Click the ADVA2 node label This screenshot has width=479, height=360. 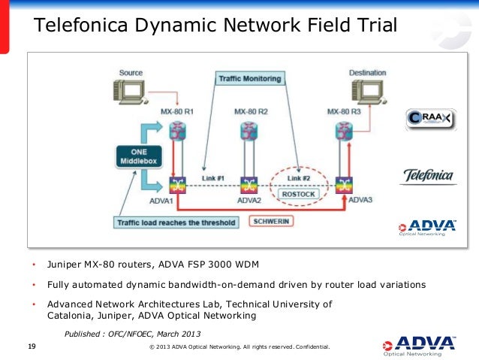click(x=249, y=201)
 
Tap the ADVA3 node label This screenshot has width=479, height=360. click(x=360, y=200)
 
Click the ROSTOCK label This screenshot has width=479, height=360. click(x=299, y=194)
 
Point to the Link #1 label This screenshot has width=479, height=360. click(x=213, y=178)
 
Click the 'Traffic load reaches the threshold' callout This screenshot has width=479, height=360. click(x=176, y=222)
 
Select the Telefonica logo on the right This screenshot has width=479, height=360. click(x=429, y=176)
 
